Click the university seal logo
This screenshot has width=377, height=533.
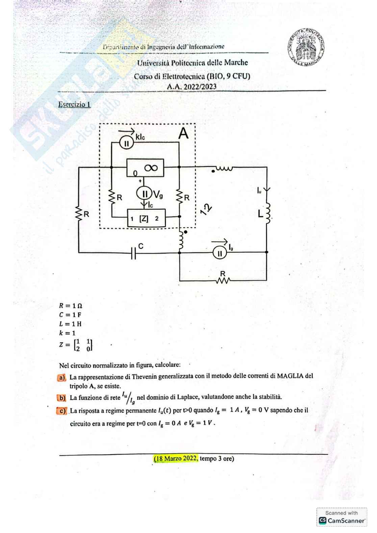coord(307,47)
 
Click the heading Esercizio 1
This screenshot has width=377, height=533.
coord(74,104)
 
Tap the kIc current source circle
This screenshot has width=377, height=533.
coord(127,143)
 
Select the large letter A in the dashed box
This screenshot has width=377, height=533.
coord(183,134)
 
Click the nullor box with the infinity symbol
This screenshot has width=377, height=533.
coord(145,168)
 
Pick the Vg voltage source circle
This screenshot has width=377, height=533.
coord(143,194)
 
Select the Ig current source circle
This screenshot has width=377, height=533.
coord(220,252)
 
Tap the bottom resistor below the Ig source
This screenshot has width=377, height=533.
coord(223,280)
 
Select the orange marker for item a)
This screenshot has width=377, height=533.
coord(61,377)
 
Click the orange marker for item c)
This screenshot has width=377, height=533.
coord(62,411)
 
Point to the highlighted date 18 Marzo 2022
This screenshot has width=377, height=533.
coord(176,458)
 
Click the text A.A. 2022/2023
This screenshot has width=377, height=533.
coord(192,86)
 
